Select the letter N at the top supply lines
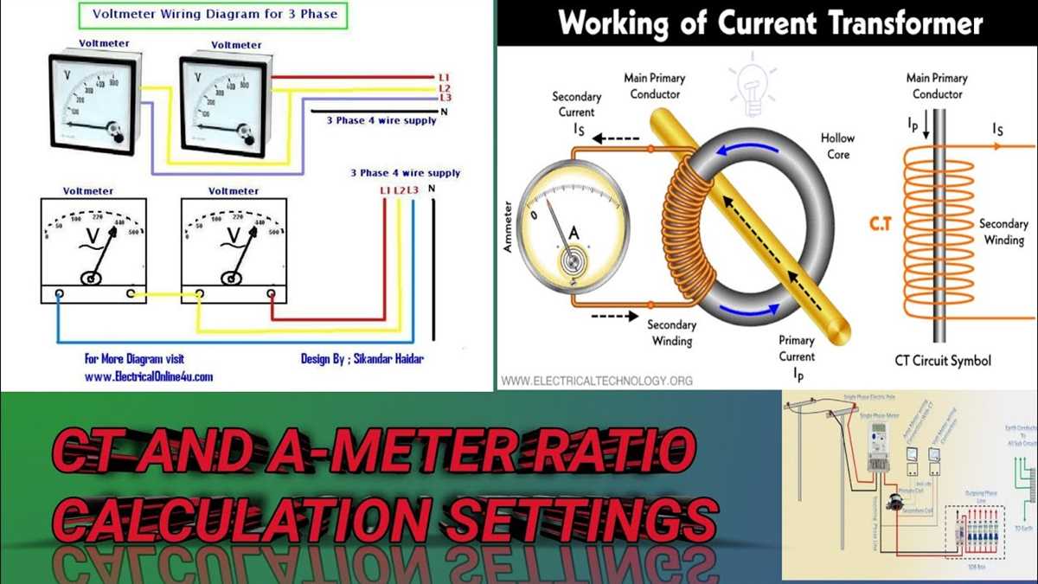(444, 112)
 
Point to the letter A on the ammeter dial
(573, 233)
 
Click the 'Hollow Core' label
(836, 145)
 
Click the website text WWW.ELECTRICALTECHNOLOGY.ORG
(597, 380)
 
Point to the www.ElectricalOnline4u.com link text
(149, 376)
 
